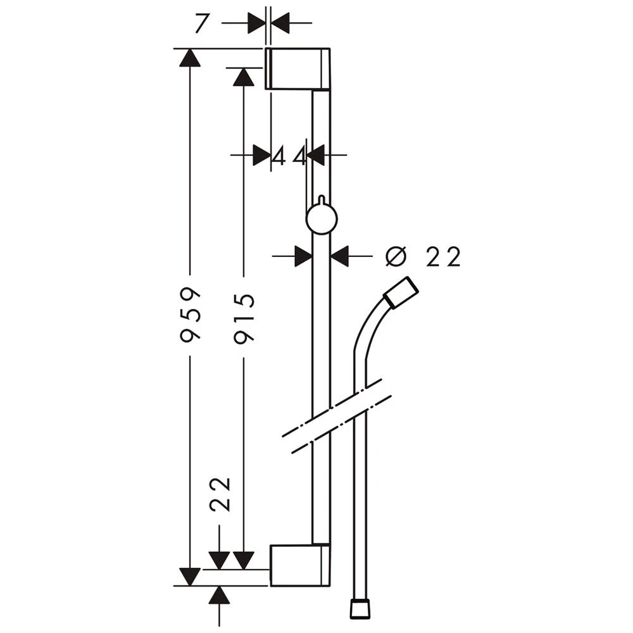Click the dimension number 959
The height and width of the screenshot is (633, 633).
(x=190, y=315)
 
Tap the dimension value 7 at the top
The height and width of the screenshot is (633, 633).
(x=201, y=23)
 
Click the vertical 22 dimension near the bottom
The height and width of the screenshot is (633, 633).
(x=220, y=494)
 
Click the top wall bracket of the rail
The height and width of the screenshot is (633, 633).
(x=298, y=68)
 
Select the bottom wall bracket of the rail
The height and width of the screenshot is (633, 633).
(x=300, y=565)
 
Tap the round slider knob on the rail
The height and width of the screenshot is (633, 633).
(x=322, y=219)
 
